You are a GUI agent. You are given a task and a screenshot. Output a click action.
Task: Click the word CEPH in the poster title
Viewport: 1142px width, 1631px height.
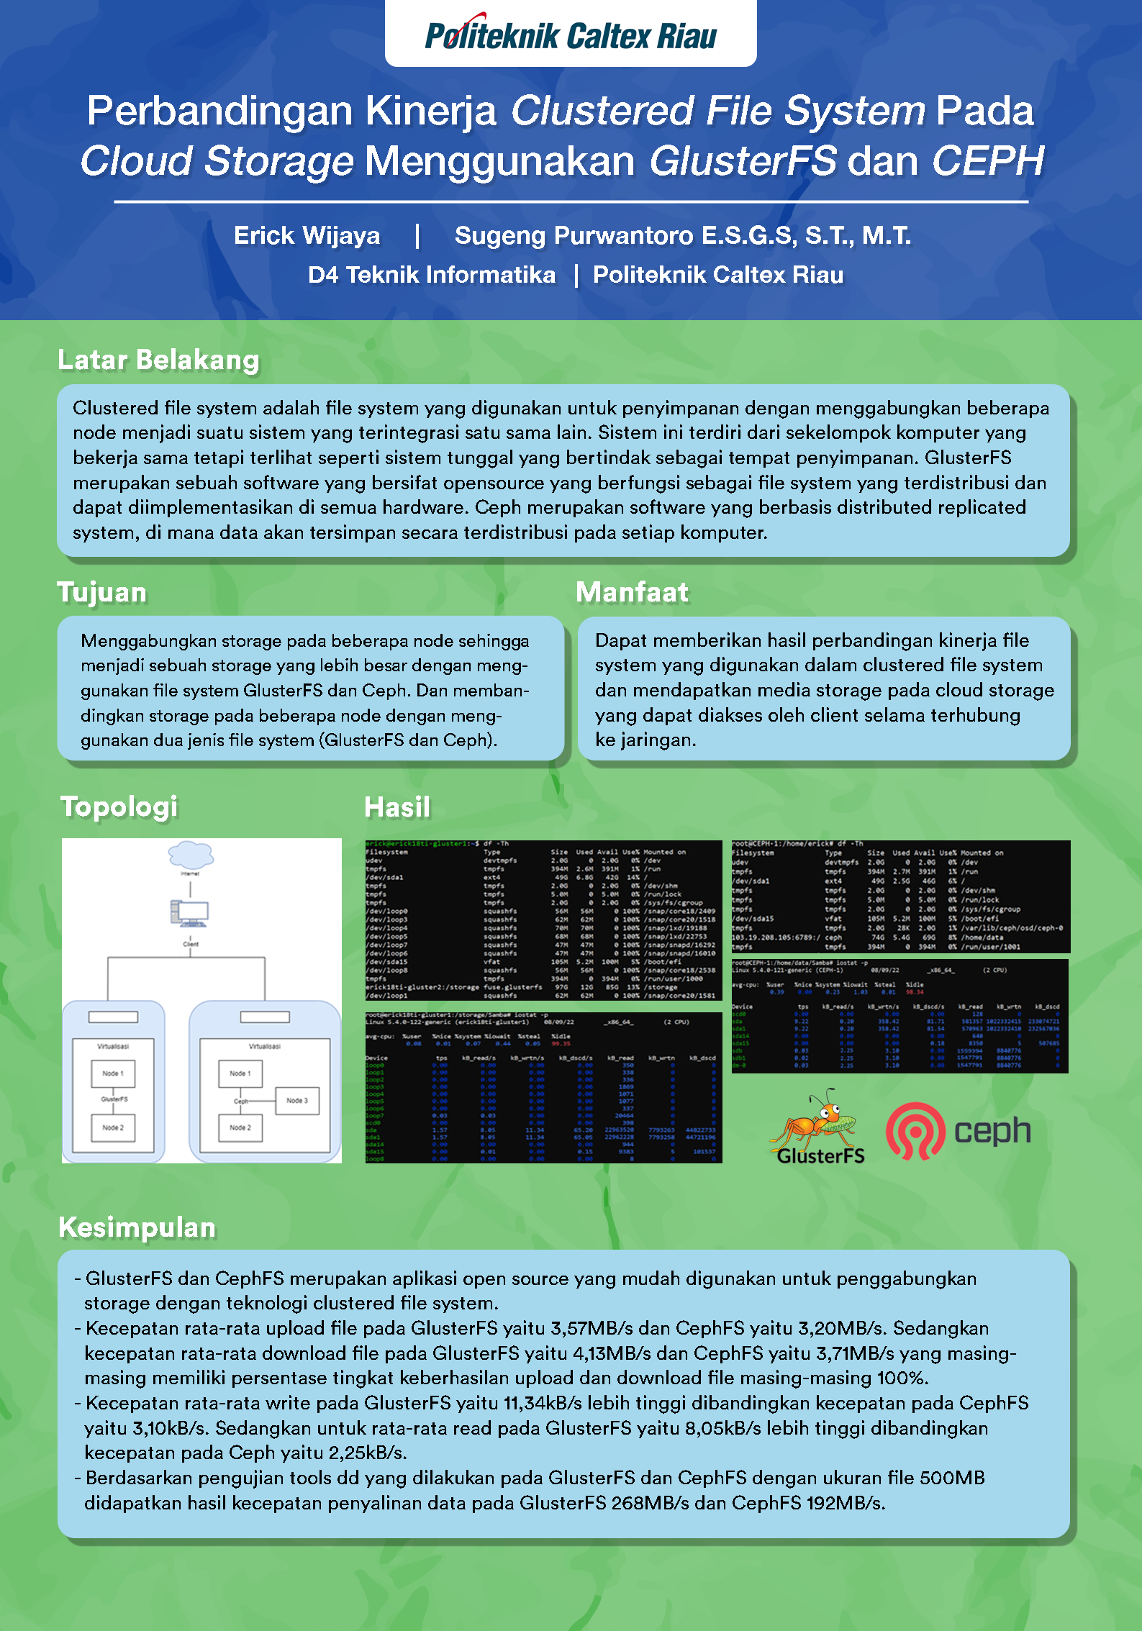pyautogui.click(x=987, y=160)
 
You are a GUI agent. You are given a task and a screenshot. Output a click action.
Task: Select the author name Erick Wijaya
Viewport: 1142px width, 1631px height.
pyautogui.click(x=307, y=235)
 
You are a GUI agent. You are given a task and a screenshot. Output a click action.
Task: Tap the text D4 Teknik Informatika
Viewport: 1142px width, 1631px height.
pyautogui.click(x=432, y=275)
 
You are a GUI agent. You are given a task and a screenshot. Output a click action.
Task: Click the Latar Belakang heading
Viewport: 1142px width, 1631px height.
pyautogui.click(x=158, y=360)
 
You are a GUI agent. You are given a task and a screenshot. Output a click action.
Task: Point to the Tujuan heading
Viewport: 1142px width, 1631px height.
pyautogui.click(x=102, y=592)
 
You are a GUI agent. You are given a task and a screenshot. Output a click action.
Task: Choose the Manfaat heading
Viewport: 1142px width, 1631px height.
pyautogui.click(x=632, y=592)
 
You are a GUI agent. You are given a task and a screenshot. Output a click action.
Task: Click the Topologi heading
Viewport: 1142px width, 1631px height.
pyautogui.click(x=119, y=807)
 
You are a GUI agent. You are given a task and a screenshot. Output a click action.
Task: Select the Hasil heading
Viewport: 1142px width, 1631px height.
pyautogui.click(x=397, y=807)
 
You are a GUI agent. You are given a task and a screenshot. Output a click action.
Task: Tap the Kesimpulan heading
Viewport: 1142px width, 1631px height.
pyautogui.click(x=137, y=1227)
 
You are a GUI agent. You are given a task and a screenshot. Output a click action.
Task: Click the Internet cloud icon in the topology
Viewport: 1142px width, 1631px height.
pyautogui.click(x=191, y=855)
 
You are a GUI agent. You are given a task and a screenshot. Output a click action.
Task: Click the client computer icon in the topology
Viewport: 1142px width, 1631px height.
pyautogui.click(x=190, y=913)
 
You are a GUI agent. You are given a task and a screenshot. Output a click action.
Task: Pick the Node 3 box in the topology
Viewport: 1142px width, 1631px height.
pyautogui.click(x=297, y=1100)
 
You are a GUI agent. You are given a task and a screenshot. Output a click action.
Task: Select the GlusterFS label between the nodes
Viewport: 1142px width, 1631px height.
pyautogui.click(x=114, y=1099)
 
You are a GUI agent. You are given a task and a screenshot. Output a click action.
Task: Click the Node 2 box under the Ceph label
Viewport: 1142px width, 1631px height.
pyautogui.click(x=240, y=1127)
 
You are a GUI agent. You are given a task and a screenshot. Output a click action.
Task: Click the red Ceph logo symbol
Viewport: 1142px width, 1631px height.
pyautogui.click(x=915, y=1131)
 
